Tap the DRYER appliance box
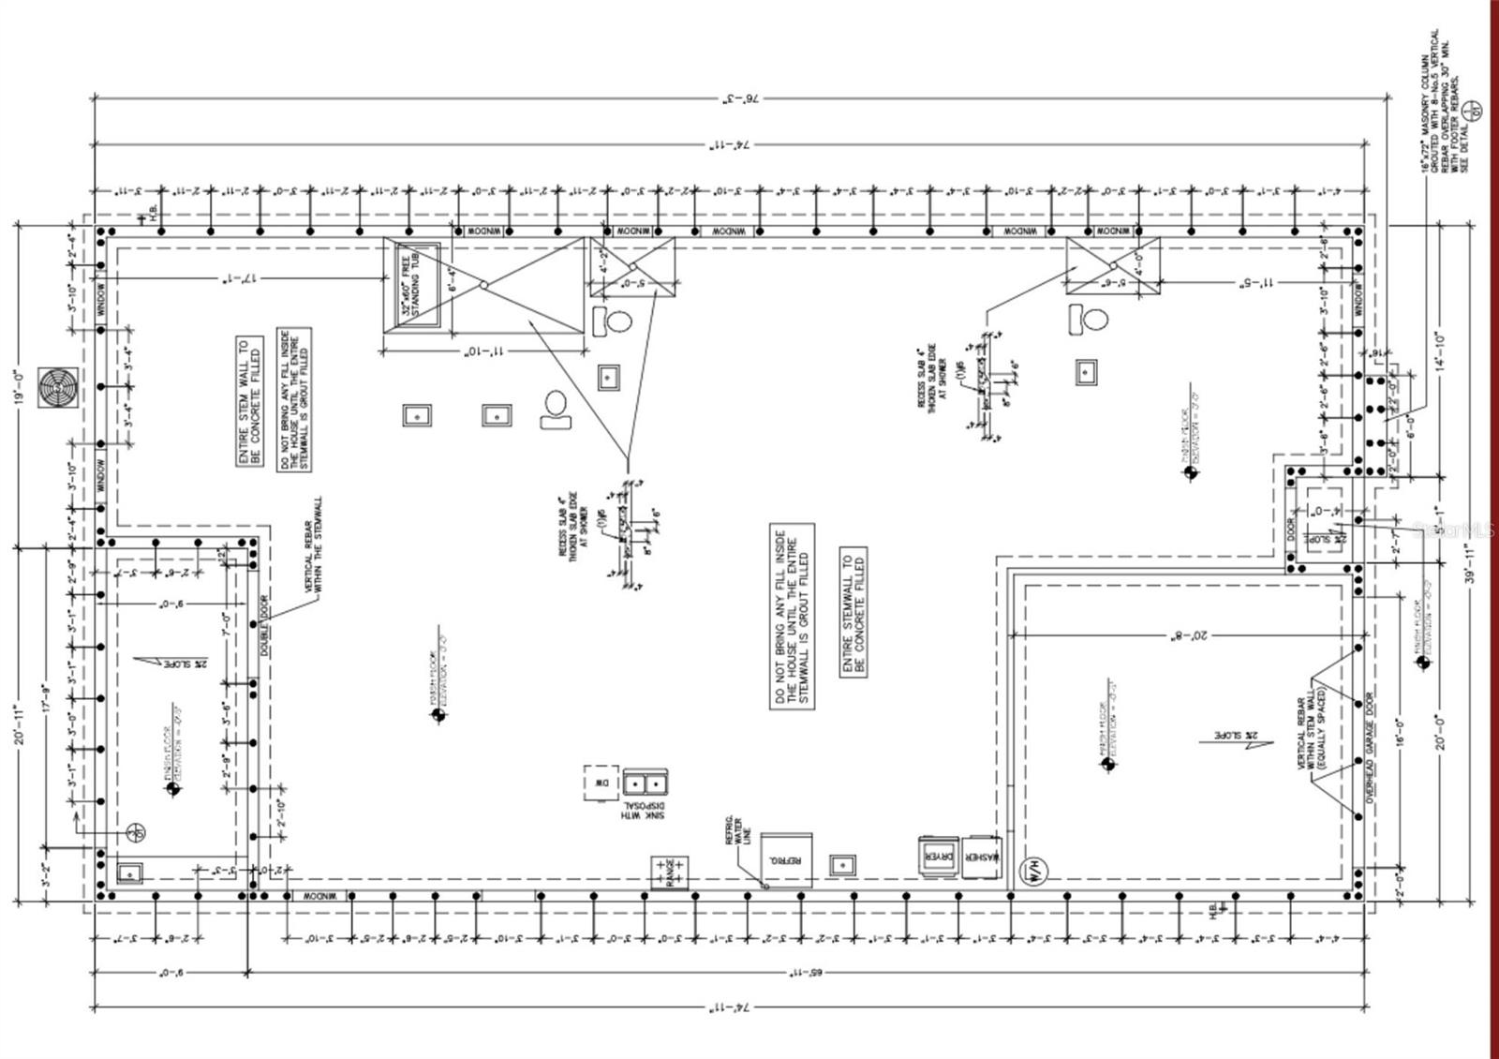pos(939,857)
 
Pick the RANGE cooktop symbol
pos(670,873)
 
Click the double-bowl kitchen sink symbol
pos(646,782)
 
